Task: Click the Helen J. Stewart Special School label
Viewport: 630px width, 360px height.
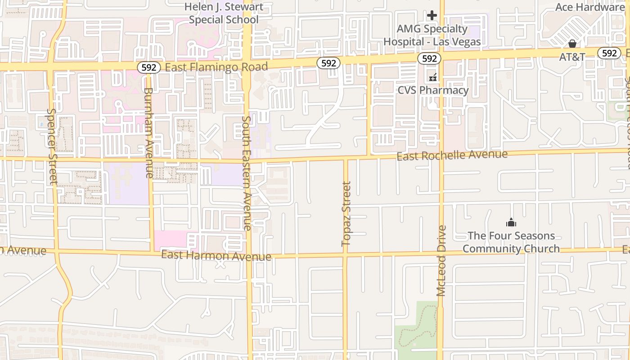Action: pyautogui.click(x=224, y=13)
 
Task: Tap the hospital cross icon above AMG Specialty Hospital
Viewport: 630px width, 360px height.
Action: pyautogui.click(x=432, y=16)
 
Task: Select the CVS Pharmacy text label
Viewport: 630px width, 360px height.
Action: pyautogui.click(x=433, y=90)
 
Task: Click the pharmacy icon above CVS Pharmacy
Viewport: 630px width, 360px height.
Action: pyautogui.click(x=433, y=77)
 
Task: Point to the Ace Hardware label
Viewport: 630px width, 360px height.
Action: pyautogui.click(x=589, y=7)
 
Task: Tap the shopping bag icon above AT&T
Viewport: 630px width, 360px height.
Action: pyautogui.click(x=572, y=44)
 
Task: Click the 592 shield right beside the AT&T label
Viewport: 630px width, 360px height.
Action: pyautogui.click(x=609, y=53)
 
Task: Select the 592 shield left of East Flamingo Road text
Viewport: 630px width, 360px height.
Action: pyautogui.click(x=149, y=67)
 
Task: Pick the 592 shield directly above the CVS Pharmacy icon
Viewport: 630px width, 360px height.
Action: pyautogui.click(x=429, y=58)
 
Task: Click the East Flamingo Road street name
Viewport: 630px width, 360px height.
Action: pyautogui.click(x=216, y=67)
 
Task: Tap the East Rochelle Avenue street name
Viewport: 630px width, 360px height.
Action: pyautogui.click(x=452, y=155)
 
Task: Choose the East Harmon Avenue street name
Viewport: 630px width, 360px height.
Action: pyautogui.click(x=216, y=256)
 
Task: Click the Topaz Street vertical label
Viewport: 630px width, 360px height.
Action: pyautogui.click(x=346, y=214)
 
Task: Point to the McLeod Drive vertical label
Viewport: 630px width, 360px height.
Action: pyautogui.click(x=441, y=261)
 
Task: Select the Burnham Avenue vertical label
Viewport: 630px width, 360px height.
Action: pyautogui.click(x=149, y=133)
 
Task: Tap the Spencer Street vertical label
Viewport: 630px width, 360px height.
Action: pyautogui.click(x=53, y=146)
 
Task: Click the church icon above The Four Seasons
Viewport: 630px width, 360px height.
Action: pyautogui.click(x=511, y=222)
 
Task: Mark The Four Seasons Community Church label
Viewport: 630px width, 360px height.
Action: pyautogui.click(x=511, y=242)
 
